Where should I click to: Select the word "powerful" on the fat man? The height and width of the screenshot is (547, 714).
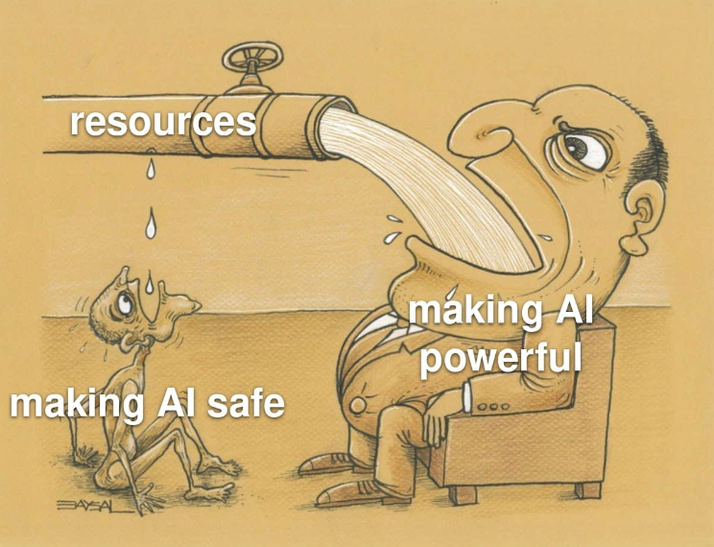pyautogui.click(x=502, y=359)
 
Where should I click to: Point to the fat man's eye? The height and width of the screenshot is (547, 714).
pyautogui.click(x=580, y=148)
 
